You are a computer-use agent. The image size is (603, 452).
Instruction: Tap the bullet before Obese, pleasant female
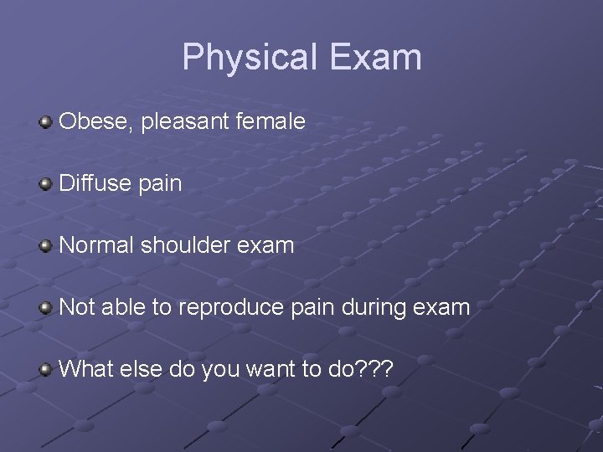[47, 123]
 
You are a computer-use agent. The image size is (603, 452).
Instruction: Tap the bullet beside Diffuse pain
[47, 184]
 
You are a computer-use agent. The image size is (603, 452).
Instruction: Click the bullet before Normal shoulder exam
[47, 246]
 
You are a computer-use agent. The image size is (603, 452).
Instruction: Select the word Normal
[97, 245]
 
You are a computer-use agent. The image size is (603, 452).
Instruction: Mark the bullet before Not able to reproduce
[47, 307]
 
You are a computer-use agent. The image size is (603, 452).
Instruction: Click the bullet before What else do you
[47, 369]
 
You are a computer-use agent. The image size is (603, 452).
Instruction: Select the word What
[85, 368]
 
